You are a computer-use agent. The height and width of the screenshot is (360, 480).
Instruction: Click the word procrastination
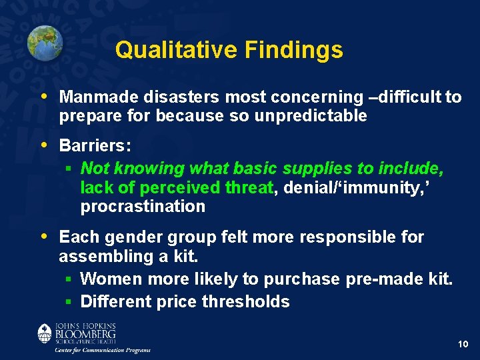coord(143,207)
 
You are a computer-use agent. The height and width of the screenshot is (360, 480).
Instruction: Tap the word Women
coord(110,279)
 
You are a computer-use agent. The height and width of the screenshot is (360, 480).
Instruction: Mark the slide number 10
coord(464,344)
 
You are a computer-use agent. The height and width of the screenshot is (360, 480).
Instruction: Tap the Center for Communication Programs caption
coord(103,350)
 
